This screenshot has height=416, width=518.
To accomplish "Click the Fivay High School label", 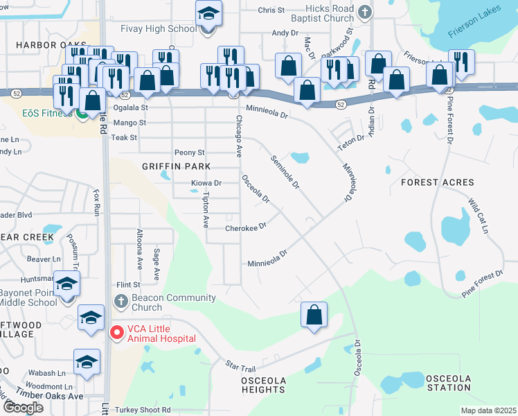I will tap(158, 29).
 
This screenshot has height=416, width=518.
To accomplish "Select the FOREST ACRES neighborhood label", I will tap(438, 182).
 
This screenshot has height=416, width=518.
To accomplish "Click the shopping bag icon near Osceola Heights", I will tap(314, 315).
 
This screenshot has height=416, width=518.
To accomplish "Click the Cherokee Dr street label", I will tap(245, 227).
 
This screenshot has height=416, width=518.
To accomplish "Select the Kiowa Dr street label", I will tap(206, 184).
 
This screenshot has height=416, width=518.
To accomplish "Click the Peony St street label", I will tap(190, 153).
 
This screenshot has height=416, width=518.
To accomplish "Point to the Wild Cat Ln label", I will tap(479, 216).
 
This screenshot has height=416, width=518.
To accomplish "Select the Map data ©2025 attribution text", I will tap(488, 410).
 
